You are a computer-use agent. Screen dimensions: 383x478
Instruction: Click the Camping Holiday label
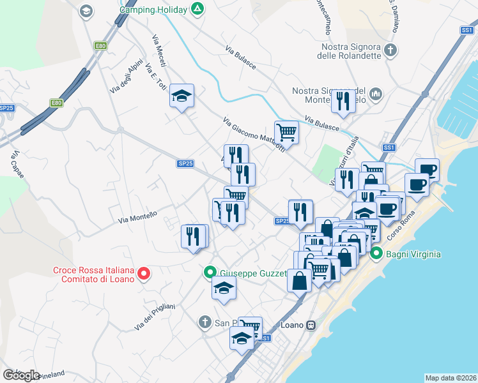tap(153, 10)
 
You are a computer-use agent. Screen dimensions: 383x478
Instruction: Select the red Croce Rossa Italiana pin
tap(144, 274)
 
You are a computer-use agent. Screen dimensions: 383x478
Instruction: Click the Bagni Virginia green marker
tap(377, 253)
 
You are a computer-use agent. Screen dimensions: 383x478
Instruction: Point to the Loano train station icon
tap(311, 324)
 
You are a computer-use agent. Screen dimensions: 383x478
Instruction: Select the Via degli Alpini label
tap(125, 80)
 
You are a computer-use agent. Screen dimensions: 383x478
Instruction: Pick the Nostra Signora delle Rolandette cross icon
tap(390, 50)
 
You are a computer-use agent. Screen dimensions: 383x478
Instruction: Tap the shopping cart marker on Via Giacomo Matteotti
tap(287, 132)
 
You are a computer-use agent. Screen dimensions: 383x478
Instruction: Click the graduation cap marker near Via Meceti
tap(182, 96)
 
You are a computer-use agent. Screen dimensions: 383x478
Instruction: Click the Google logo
tap(21, 375)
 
